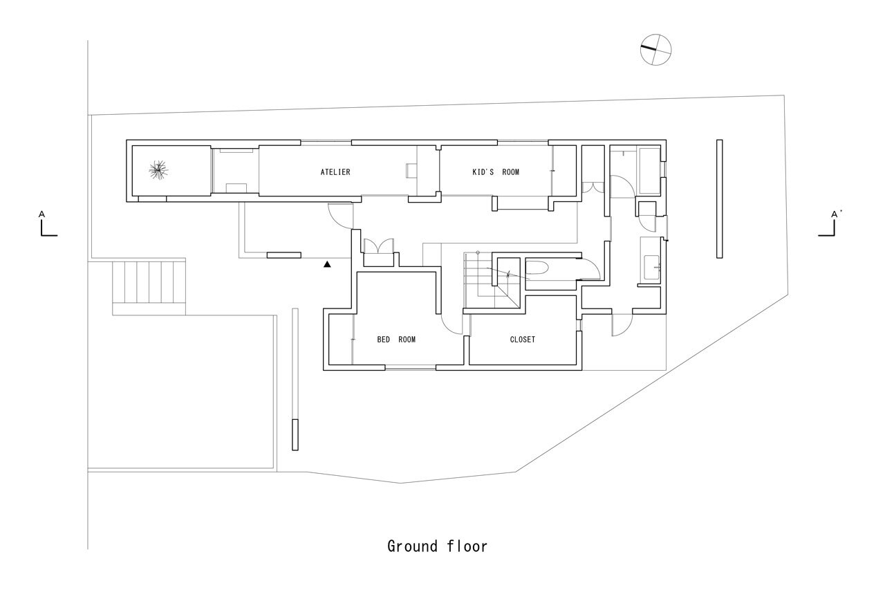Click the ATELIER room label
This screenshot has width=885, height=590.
click(x=335, y=172)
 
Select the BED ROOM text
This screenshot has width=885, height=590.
click(x=396, y=340)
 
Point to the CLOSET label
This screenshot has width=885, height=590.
click(x=522, y=340)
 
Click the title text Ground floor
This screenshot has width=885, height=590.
click(x=437, y=546)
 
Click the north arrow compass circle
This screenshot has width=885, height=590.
click(x=656, y=50)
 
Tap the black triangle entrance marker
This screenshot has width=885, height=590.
click(x=328, y=264)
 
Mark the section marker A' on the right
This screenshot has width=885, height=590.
click(x=830, y=225)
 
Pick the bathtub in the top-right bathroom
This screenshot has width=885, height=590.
click(x=649, y=170)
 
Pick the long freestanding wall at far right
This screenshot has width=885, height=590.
click(x=719, y=199)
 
